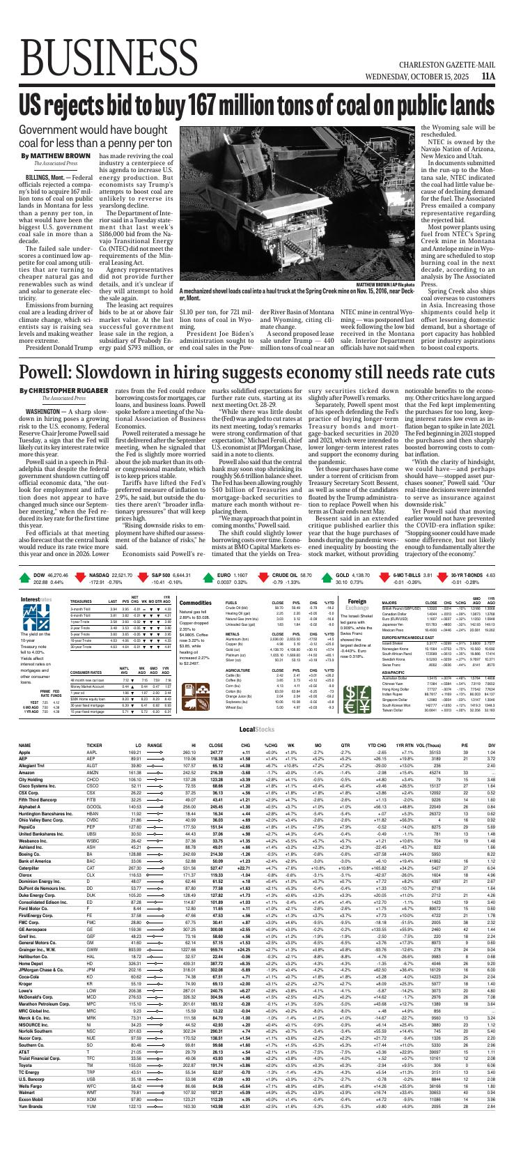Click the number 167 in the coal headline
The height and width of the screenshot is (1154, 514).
pyautogui.click(x=203, y=104)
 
